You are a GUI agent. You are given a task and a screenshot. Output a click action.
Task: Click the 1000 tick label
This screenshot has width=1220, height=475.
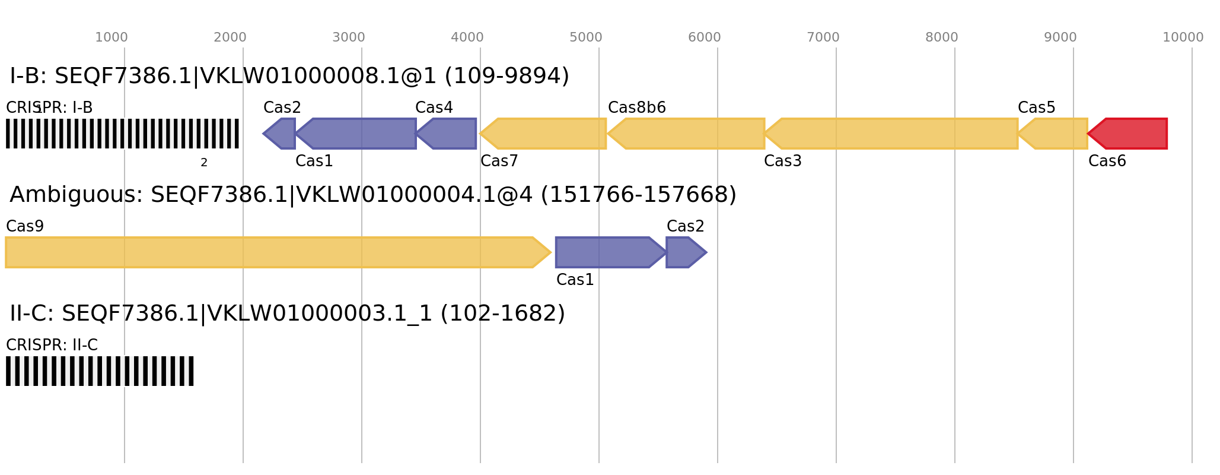112,37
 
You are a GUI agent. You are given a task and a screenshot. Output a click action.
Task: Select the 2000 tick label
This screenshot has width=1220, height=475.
230,37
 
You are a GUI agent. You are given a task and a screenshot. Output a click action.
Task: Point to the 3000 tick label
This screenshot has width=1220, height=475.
348,37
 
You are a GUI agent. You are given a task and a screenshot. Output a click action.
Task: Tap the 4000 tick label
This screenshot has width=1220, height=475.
467,37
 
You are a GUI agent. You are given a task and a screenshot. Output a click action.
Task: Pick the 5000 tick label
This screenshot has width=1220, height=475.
585,37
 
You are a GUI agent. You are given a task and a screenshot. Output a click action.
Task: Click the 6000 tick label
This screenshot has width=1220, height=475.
704,37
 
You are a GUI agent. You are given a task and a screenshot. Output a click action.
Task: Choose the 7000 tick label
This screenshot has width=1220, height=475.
823,37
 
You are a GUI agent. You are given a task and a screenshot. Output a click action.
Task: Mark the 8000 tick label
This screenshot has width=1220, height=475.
941,37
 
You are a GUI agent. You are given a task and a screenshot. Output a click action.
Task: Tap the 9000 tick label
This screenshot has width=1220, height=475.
1060,37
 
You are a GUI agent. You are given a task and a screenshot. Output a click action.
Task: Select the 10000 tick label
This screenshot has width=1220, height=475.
1183,37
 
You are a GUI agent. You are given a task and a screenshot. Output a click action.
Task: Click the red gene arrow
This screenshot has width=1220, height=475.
1130,134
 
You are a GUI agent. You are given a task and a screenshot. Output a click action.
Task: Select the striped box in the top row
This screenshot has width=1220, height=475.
122,134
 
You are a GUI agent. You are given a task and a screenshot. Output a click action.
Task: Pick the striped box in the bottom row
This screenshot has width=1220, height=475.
100,371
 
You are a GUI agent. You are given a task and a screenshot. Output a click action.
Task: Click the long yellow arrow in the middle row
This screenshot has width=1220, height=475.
273,252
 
